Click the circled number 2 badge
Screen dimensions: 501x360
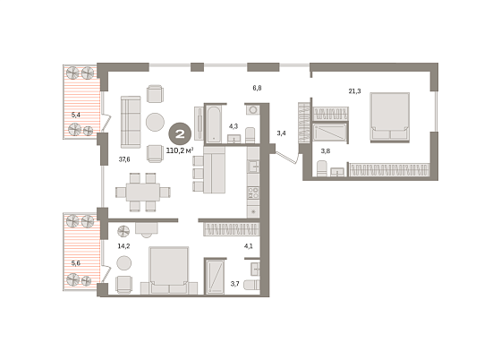coord(180,133)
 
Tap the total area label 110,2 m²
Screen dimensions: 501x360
coord(180,150)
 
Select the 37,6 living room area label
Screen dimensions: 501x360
coord(124,159)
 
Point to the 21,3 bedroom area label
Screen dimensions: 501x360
coord(354,91)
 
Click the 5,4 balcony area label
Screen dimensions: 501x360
coord(76,115)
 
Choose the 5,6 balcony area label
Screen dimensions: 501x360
coord(76,263)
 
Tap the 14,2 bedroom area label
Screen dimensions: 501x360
coord(123,246)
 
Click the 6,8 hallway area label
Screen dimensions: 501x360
coord(258,88)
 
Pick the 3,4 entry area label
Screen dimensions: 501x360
coord(281,133)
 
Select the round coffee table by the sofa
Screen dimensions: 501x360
coord(156,122)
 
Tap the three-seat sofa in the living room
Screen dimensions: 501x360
coord(131,122)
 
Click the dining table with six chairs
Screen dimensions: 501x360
coord(143,192)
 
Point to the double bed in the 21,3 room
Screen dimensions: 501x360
coord(390,117)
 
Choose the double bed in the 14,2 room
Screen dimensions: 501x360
coord(169,270)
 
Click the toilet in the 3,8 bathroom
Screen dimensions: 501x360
coord(322,168)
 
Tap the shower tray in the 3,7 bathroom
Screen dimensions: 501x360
coord(215,277)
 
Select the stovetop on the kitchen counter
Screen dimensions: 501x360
coord(253,193)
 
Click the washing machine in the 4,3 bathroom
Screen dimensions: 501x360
coord(253,109)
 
